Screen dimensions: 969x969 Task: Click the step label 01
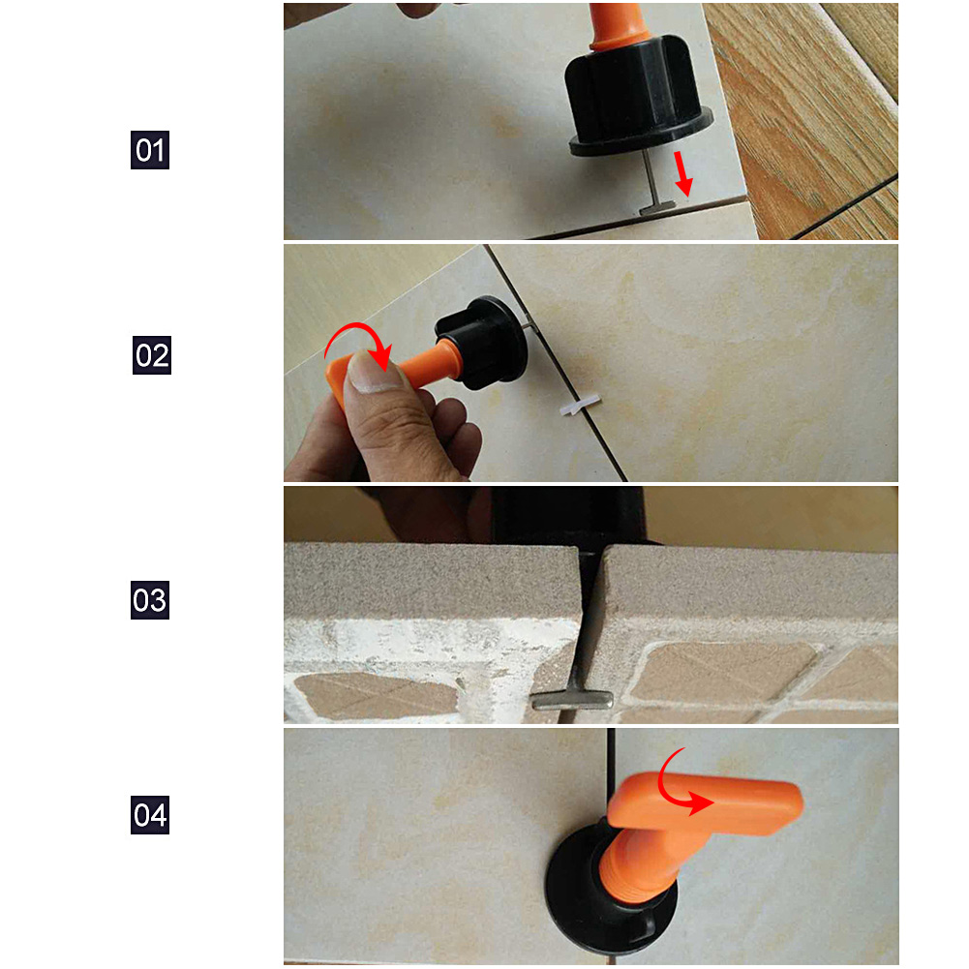(149, 149)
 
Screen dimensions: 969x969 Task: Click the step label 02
(151, 354)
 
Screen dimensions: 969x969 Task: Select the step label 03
(149, 599)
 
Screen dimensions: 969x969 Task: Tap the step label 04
(149, 814)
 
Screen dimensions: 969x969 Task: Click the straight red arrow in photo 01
(682, 173)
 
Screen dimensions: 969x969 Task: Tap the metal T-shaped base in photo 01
(661, 208)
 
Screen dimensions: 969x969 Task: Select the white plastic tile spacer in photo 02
(580, 406)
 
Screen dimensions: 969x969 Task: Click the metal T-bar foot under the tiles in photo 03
(572, 700)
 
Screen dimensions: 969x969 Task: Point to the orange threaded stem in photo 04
(640, 865)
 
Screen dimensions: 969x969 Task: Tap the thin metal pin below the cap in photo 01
(649, 178)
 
